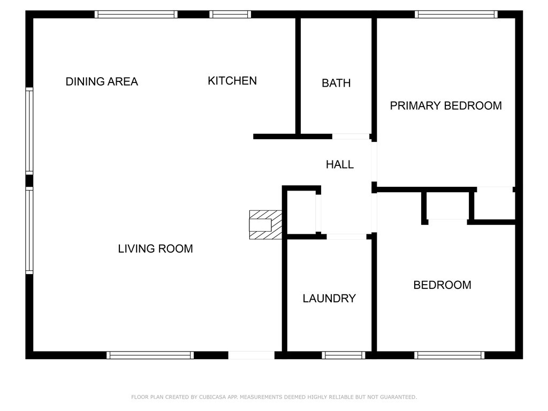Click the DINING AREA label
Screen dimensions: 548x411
(102, 81)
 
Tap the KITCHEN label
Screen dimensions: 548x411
(232, 81)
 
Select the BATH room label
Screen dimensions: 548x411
(336, 83)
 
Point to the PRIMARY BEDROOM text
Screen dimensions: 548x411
(446, 105)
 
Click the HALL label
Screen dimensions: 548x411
(340, 164)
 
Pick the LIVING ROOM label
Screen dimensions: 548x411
(155, 248)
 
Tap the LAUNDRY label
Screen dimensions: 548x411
(329, 299)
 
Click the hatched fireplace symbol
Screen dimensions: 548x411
(265, 225)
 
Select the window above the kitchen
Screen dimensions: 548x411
(230, 14)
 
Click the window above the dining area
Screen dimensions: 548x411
(136, 14)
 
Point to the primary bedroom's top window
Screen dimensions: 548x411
(456, 14)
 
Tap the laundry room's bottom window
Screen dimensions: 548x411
(344, 355)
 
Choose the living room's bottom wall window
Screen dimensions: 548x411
(150, 355)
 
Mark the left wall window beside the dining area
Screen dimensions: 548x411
(29, 131)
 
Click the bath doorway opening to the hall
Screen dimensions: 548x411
(351, 136)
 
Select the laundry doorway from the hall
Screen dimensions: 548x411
(346, 237)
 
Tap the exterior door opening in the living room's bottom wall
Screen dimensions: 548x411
(252, 355)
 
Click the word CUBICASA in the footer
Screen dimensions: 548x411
(212, 397)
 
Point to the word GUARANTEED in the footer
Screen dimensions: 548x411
(398, 397)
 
